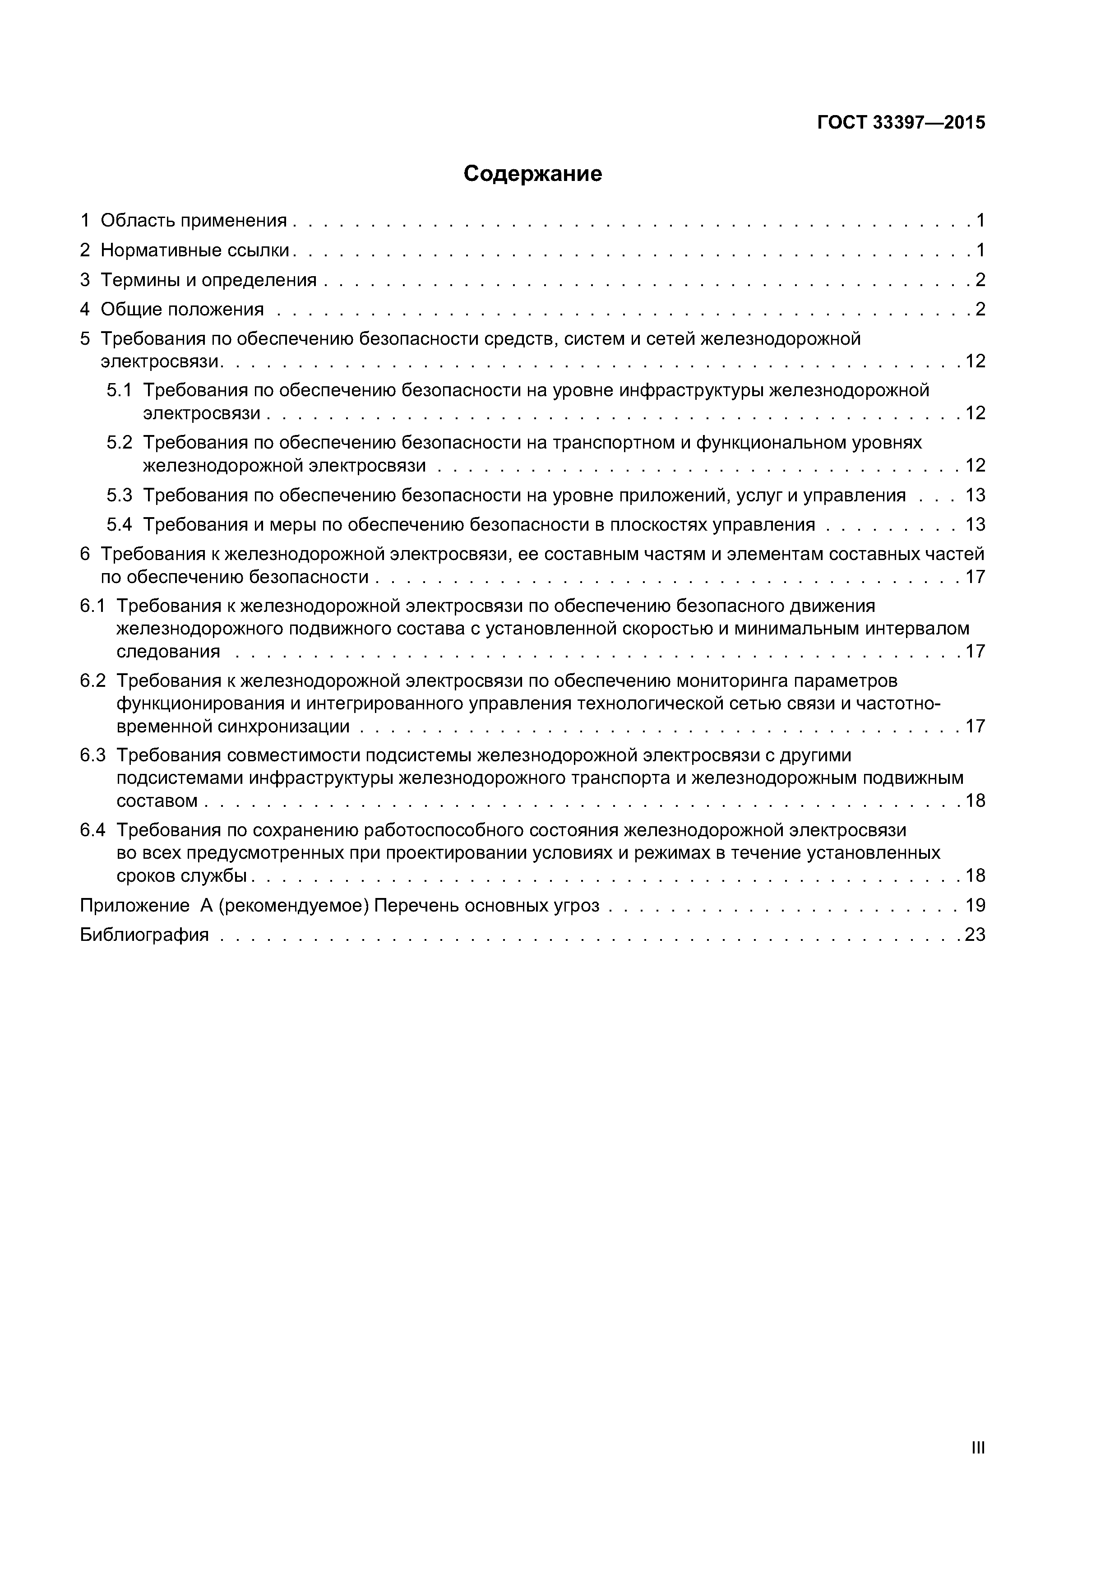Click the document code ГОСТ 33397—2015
tap(901, 123)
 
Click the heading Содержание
tap(532, 174)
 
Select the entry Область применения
tap(193, 221)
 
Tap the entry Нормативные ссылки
tap(194, 250)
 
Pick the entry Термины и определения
tap(208, 280)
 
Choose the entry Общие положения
tap(182, 310)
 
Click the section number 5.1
tap(119, 391)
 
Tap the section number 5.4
tap(119, 525)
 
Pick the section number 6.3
tap(92, 756)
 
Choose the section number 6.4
tap(92, 830)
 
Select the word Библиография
tap(144, 935)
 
